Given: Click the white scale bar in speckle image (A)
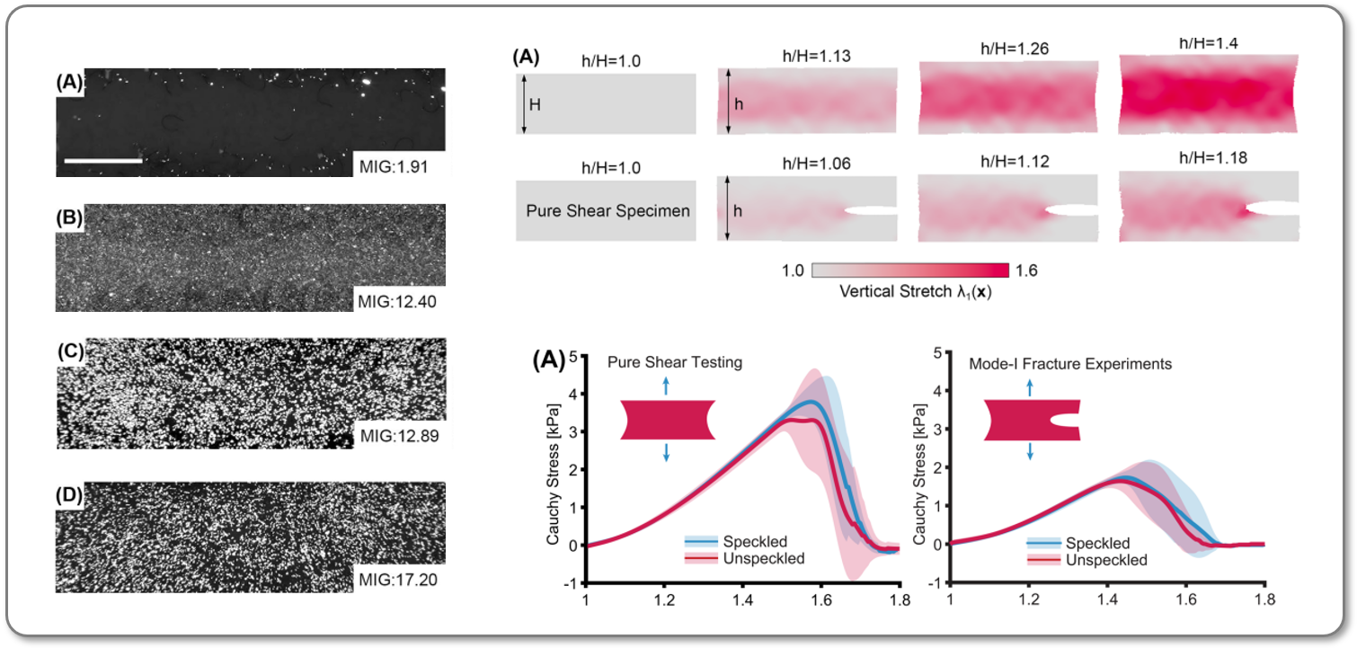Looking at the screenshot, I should pos(103,161).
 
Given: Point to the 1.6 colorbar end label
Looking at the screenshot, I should pos(1026,270).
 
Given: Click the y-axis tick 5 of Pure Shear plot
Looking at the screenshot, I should pos(576,352).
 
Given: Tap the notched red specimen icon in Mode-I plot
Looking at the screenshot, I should pos(1030,420).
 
